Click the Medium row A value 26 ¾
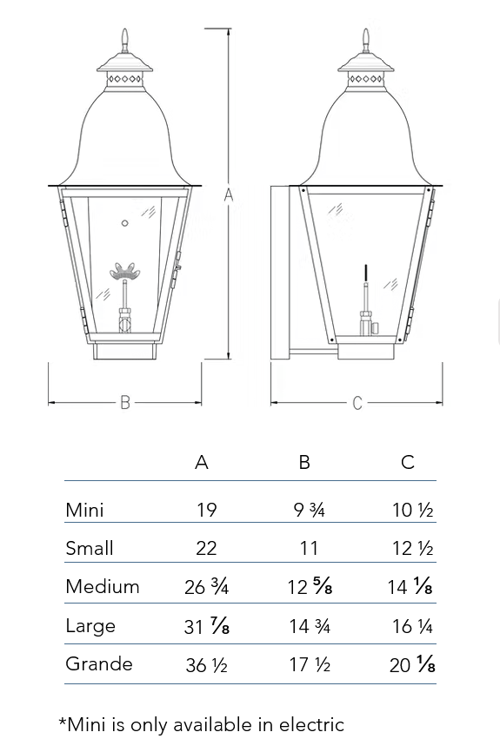point(207,586)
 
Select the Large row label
point(90,626)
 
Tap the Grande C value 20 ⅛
point(412,664)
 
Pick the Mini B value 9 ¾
point(309,510)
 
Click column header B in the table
point(304,462)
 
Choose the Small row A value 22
point(206,548)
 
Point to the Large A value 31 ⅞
point(207,626)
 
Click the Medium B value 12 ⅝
point(310,586)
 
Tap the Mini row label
point(84,510)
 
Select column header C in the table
point(407,462)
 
